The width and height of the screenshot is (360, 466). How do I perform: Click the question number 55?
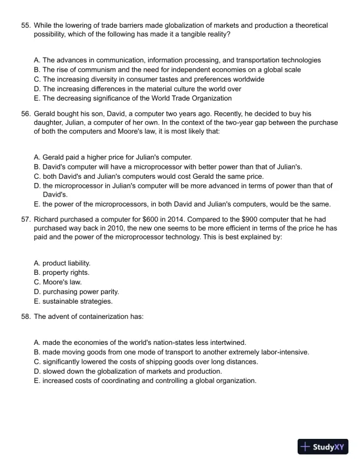coord(25,26)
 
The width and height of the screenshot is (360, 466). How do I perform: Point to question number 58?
coord(25,317)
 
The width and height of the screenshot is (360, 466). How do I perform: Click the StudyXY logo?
coord(323,447)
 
